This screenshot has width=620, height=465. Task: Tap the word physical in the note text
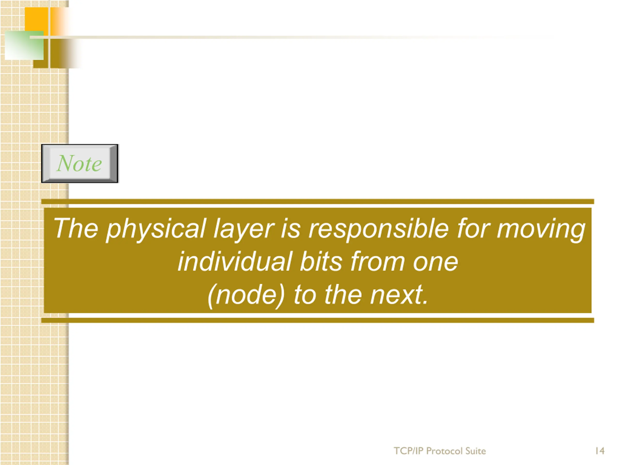(156, 229)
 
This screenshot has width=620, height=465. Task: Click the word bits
(321, 261)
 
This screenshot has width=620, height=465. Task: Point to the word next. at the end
(399, 295)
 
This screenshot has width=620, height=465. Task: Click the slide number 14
(600, 451)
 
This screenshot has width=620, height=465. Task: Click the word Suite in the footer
(476, 451)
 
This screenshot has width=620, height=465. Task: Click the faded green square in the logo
(24, 45)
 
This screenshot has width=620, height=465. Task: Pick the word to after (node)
(305, 295)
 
